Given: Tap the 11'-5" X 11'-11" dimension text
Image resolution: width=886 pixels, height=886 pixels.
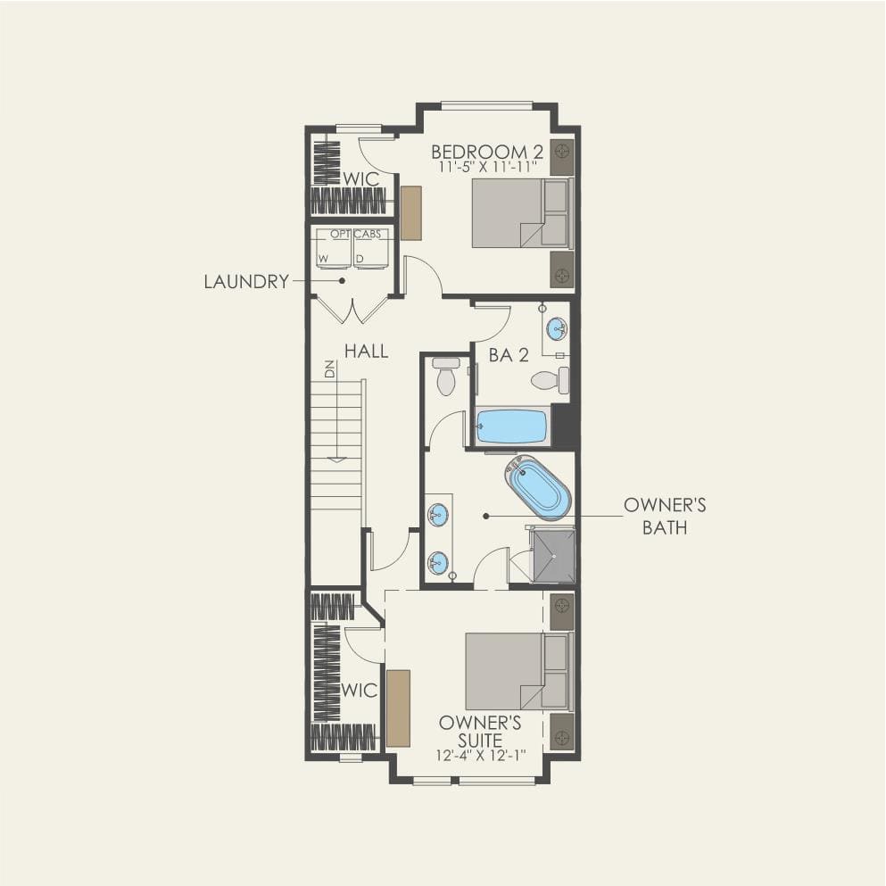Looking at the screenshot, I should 486,166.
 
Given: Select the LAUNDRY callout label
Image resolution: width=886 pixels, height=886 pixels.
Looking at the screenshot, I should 246,282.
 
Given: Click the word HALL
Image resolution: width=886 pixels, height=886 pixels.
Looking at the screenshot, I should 366,352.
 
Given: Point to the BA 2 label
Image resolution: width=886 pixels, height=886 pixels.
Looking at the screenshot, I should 509,355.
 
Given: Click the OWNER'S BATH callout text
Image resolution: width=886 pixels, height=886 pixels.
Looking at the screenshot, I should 665,516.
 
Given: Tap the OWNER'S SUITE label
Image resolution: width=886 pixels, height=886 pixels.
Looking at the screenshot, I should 480,732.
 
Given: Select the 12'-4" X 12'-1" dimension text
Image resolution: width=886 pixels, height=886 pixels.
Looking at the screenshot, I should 480,755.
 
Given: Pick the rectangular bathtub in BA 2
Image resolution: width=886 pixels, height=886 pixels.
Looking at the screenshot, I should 511,426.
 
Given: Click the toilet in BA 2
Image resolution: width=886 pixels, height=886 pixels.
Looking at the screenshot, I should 549,381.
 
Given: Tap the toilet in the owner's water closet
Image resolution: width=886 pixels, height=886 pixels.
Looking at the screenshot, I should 445,377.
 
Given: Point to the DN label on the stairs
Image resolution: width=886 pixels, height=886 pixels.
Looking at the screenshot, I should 329,369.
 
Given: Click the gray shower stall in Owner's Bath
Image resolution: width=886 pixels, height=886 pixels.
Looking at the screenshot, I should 553,555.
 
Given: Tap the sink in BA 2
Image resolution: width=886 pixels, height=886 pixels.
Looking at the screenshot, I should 556,328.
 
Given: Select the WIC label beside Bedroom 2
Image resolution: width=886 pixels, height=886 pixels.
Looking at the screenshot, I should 361,179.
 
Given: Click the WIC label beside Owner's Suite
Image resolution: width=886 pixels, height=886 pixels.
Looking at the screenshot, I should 359,691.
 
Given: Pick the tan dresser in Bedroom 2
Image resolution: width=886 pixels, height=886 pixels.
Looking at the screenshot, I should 410,212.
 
